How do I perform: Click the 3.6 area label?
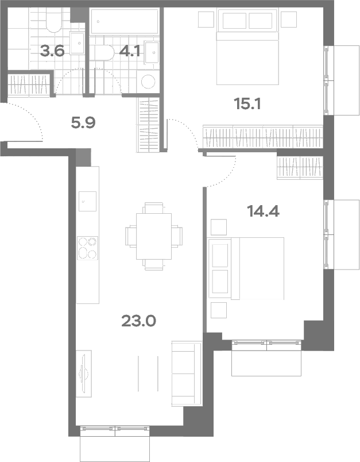click(52, 52)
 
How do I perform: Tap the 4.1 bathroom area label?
click(130, 52)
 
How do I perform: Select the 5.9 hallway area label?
click(83, 123)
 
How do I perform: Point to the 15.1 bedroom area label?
click(247, 103)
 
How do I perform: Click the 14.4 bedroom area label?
click(263, 211)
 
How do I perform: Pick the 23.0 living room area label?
click(138, 321)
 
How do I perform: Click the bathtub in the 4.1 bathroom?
click(125, 21)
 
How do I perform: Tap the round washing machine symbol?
click(148, 82)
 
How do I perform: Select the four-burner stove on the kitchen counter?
click(87, 248)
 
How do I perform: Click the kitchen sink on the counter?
click(87, 201)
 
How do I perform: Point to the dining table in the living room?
click(154, 236)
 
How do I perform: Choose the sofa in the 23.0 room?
click(187, 374)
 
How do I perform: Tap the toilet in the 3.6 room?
click(53, 20)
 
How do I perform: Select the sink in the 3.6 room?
click(78, 43)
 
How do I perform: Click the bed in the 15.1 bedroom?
click(247, 47)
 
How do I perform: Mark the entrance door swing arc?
click(33, 115)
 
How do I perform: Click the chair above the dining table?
click(154, 207)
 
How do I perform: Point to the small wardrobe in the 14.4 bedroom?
click(300, 168)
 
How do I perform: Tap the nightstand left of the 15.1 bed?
click(206, 20)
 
